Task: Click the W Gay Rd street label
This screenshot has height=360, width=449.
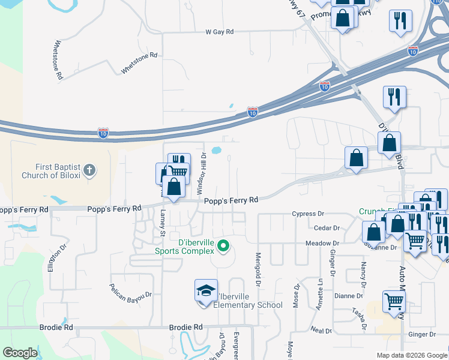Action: coord(218,31)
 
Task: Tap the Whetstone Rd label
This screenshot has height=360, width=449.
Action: coord(139,63)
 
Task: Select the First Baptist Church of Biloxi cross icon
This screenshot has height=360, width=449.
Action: coord(89,170)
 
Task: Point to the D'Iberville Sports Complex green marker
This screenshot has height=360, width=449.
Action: coord(223,246)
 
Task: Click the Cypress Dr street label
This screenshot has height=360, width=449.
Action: coord(308,214)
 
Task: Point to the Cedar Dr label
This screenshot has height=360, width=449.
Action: coord(327,228)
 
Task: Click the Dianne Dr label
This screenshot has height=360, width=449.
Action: coord(349,296)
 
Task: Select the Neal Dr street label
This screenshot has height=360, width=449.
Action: coord(322,330)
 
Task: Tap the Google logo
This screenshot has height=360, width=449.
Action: coord(20,353)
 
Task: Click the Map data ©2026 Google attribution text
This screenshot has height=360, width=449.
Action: coord(411,355)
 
